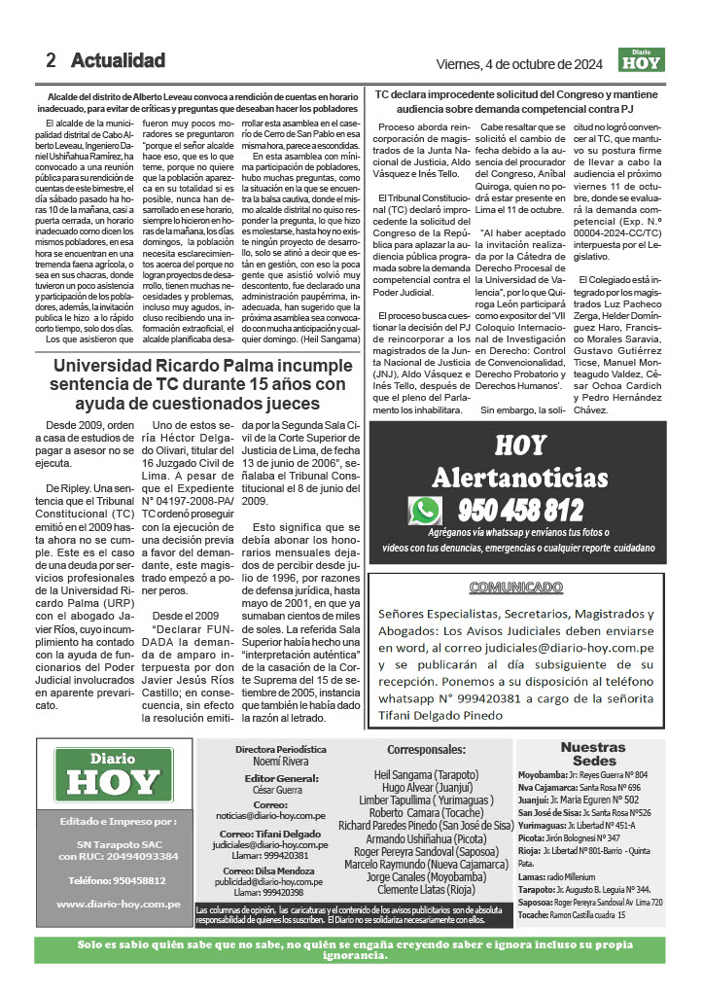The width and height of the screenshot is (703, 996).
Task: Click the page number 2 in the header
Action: (x=51, y=60)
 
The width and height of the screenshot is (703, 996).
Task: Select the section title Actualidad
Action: (x=118, y=60)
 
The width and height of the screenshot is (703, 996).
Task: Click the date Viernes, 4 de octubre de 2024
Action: (x=521, y=64)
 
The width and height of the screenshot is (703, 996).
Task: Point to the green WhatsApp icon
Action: (x=425, y=510)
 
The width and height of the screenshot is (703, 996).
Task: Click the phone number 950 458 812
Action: (x=520, y=510)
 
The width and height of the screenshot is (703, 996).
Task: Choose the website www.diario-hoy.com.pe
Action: (x=119, y=904)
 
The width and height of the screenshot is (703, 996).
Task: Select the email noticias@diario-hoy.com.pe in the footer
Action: (x=284, y=815)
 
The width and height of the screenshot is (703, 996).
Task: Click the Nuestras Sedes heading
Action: (x=593, y=754)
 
